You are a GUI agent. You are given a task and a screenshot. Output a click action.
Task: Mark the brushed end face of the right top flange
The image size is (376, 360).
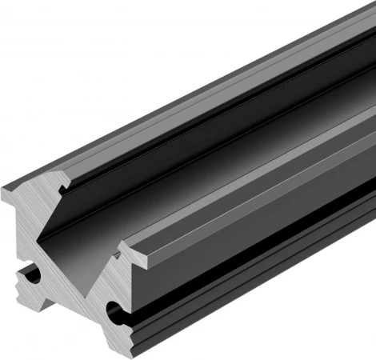tap(136, 254)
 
